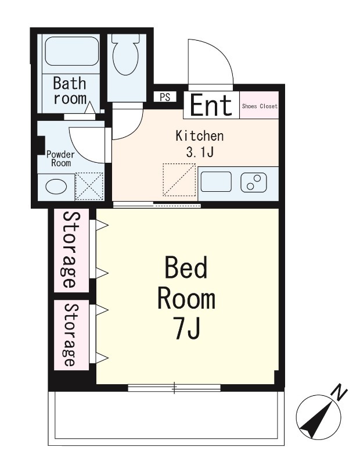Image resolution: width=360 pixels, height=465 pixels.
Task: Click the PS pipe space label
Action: (165, 97)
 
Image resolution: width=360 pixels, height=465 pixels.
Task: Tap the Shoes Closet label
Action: (260, 106)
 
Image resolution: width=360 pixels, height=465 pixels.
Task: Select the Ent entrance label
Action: (211, 105)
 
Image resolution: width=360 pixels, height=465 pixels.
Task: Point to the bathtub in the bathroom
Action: (71, 51)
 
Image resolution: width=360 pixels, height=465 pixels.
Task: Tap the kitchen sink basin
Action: (216, 181)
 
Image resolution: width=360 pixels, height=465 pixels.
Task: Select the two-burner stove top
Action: (254, 182)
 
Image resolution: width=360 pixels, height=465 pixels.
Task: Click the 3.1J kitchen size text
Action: (199, 152)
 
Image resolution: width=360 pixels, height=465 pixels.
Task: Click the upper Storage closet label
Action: (70, 250)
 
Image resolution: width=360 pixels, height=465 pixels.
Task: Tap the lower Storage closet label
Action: (70, 335)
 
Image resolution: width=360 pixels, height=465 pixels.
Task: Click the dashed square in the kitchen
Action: (179, 180)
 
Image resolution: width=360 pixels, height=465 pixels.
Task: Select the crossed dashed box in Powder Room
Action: (89, 187)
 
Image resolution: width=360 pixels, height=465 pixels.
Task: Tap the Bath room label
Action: (70, 91)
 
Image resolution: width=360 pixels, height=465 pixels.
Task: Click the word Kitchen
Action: (199, 136)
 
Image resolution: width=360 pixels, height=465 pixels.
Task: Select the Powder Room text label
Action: (61, 159)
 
